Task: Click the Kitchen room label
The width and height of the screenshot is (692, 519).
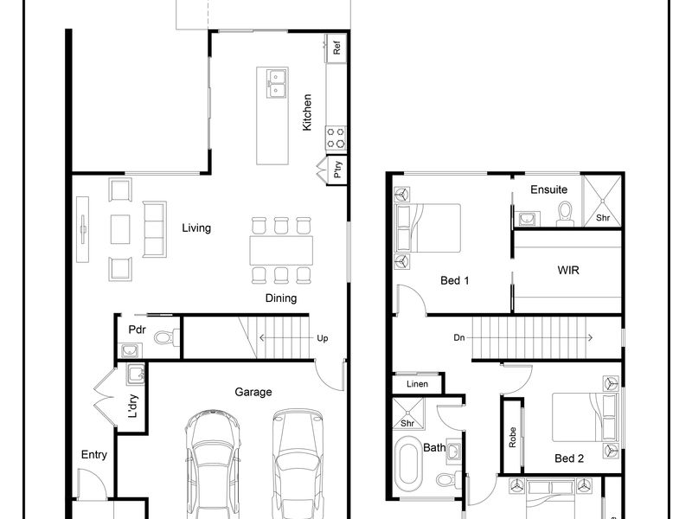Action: click(307, 112)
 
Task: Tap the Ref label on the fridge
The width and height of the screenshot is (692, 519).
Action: click(336, 48)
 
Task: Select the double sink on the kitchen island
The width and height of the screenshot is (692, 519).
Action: click(276, 84)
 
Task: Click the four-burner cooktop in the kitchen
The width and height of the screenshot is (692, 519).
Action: click(336, 138)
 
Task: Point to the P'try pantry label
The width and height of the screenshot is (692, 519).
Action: click(337, 169)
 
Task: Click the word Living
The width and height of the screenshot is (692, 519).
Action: click(196, 228)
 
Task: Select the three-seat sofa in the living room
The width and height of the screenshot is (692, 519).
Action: click(155, 229)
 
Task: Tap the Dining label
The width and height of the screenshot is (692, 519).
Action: click(280, 298)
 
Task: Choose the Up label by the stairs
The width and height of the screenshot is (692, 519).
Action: click(322, 338)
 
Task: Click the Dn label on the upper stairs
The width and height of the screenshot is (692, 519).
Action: click(459, 337)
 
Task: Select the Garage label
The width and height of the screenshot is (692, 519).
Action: click(253, 392)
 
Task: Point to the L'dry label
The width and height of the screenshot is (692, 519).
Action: click(133, 406)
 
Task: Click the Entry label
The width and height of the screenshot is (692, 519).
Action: click(94, 455)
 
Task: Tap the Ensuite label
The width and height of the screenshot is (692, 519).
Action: click(548, 189)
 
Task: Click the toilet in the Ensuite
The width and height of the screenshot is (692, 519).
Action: click(565, 213)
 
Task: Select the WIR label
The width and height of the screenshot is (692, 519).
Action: click(568, 270)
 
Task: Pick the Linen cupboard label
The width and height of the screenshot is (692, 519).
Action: click(417, 384)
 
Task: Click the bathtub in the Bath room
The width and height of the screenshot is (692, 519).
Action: click(408, 464)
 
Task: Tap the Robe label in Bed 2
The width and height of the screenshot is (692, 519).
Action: click(512, 438)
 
